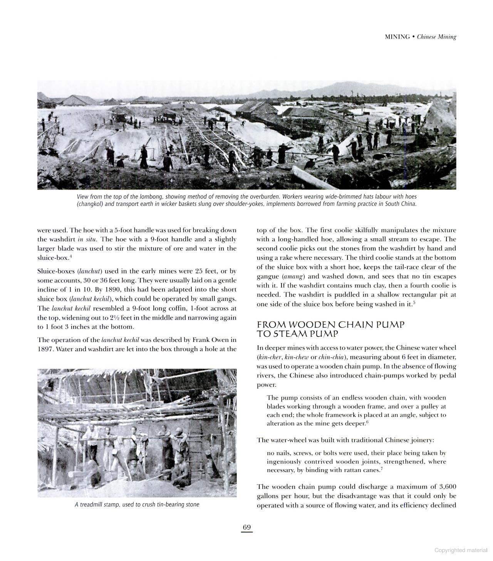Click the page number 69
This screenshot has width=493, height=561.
tap(247, 527)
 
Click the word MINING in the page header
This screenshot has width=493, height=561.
tap(397, 37)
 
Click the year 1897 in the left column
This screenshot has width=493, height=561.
tap(45, 349)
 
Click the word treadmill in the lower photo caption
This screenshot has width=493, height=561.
tap(92, 505)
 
